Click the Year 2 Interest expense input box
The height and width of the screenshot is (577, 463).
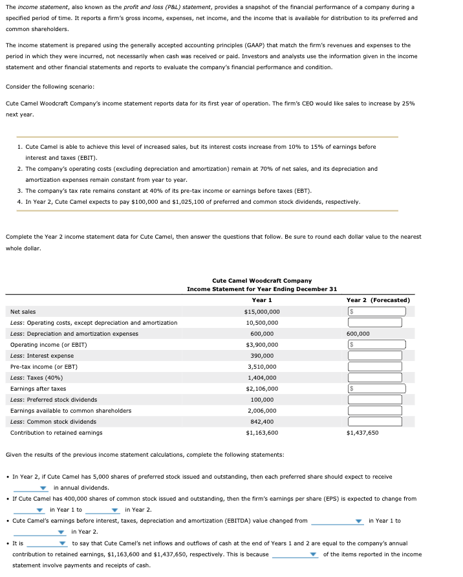[x=375, y=356]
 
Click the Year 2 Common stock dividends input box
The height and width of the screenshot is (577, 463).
[x=375, y=422]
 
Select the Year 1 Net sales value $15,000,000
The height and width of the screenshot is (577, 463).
[x=262, y=312]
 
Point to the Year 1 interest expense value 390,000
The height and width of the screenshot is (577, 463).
[x=262, y=356]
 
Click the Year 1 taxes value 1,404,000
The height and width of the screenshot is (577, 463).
[x=262, y=378]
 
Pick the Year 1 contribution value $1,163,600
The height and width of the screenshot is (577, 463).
[x=262, y=433]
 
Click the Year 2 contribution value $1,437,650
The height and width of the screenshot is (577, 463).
[x=363, y=433]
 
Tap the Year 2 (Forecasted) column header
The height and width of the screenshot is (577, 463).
[x=378, y=300]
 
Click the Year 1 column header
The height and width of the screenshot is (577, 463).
[x=262, y=300]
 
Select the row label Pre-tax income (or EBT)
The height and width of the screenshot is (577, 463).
[x=44, y=367]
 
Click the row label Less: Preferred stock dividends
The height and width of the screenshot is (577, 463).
[x=54, y=400]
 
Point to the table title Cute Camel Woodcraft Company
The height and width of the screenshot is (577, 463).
[x=262, y=280]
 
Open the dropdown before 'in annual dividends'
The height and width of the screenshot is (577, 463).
[x=31, y=488]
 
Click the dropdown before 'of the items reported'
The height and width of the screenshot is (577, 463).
[x=296, y=554]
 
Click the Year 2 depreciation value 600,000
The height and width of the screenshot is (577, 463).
[x=358, y=334]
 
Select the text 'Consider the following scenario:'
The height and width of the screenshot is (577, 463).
[x=50, y=87]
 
